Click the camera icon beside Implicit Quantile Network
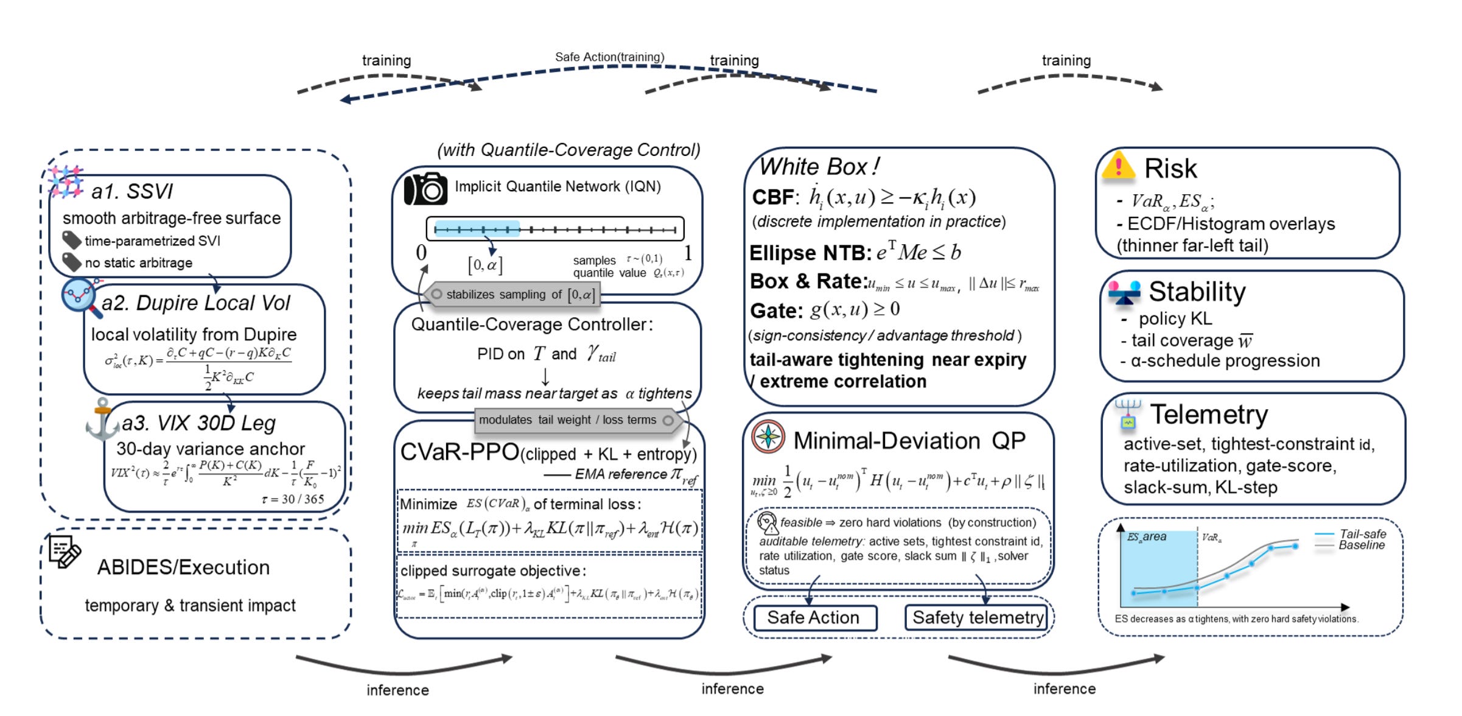[425, 189]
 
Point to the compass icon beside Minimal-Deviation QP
[768, 437]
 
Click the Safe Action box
[814, 618]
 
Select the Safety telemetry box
[977, 618]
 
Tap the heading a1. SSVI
[132, 192]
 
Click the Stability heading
[1197, 292]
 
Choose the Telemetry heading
[1209, 415]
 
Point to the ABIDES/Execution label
[183, 567]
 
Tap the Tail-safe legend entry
[1362, 534]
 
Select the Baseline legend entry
[1361, 546]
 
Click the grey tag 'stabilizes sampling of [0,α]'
[512, 295]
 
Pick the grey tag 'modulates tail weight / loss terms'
[575, 420]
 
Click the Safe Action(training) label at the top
[609, 57]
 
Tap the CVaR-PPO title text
[460, 452]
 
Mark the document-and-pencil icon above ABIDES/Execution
[65, 552]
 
